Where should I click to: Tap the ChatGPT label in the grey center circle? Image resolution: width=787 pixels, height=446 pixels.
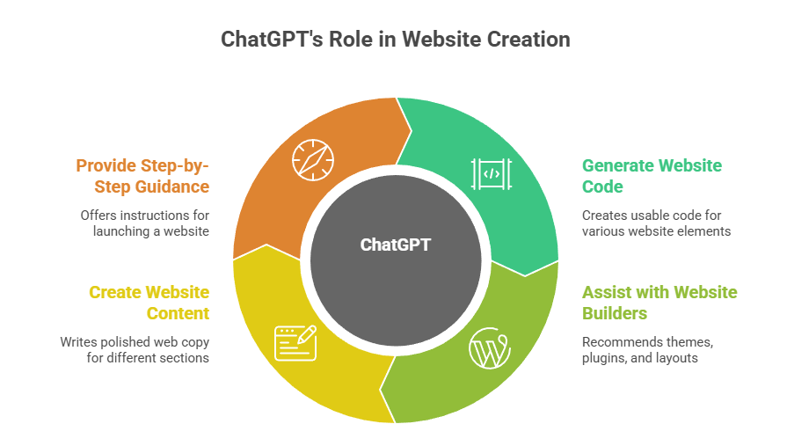pyautogui.click(x=396, y=245)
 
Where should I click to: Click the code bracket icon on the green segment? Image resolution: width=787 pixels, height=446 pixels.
pyautogui.click(x=492, y=173)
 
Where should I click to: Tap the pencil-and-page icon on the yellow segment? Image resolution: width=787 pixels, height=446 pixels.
pyautogui.click(x=295, y=342)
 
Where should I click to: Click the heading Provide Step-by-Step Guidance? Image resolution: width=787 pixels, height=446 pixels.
pyautogui.click(x=142, y=176)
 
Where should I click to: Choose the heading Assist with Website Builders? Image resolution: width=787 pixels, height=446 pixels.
pyautogui.click(x=659, y=303)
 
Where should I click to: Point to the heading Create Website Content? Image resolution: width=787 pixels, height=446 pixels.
pyautogui.click(x=149, y=303)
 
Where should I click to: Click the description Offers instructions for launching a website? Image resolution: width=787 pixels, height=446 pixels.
pyautogui.click(x=144, y=223)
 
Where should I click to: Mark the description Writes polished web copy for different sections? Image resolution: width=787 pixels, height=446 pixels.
pyautogui.click(x=135, y=349)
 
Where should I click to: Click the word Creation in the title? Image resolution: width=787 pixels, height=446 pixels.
pyautogui.click(x=528, y=40)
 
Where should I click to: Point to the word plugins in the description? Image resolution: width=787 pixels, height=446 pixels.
pyautogui.click(x=604, y=358)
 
